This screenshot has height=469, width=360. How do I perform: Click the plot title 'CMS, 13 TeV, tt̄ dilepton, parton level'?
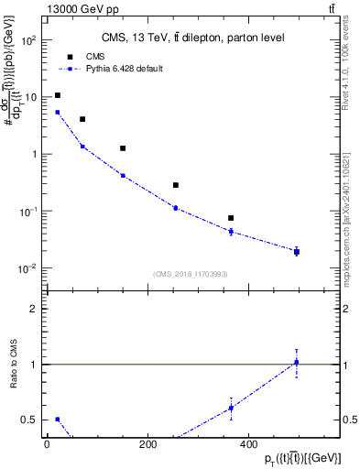[192, 38]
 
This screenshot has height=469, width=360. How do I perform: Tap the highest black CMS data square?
[58, 95]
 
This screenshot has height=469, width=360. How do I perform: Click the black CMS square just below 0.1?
[231, 218]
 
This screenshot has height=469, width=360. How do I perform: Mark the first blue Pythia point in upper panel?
[58, 113]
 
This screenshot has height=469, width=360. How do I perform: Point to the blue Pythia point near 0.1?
[176, 208]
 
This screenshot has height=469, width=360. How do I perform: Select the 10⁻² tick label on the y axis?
[28, 268]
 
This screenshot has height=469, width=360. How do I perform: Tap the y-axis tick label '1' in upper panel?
[33, 154]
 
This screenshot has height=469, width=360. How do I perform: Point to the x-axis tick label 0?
[47, 444]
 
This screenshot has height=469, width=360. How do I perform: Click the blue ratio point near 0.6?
[231, 408]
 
